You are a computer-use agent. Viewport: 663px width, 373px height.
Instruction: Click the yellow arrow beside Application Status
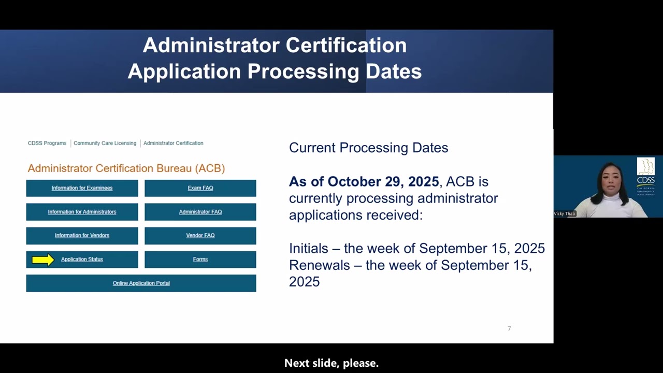[43, 260]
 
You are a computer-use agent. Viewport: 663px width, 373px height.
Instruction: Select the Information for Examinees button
[82, 188]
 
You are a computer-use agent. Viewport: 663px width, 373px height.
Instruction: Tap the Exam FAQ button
[200, 188]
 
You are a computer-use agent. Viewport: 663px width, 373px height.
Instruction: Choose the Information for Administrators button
[82, 212]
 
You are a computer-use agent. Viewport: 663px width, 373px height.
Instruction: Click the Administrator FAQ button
[200, 212]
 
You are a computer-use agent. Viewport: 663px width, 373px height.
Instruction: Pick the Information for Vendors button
[82, 236]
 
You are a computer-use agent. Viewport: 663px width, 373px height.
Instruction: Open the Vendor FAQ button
[200, 236]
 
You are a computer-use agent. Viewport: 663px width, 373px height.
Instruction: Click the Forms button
[200, 260]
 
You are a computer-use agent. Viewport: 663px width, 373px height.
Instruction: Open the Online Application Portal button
[141, 283]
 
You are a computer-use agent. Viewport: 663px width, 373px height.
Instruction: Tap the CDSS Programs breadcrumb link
[47, 144]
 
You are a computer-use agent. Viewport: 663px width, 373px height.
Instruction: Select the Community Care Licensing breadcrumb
[105, 144]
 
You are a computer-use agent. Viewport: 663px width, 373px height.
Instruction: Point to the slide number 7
[509, 328]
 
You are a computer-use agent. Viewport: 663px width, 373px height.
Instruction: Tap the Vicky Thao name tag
[565, 213]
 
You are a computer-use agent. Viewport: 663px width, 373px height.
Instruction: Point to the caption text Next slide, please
[331, 363]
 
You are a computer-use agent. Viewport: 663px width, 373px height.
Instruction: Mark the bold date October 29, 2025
[383, 182]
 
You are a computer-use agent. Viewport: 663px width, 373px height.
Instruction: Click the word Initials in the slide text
[309, 249]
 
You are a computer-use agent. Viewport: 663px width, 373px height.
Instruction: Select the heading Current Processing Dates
[368, 148]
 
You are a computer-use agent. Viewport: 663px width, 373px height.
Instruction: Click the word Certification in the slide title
[346, 46]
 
